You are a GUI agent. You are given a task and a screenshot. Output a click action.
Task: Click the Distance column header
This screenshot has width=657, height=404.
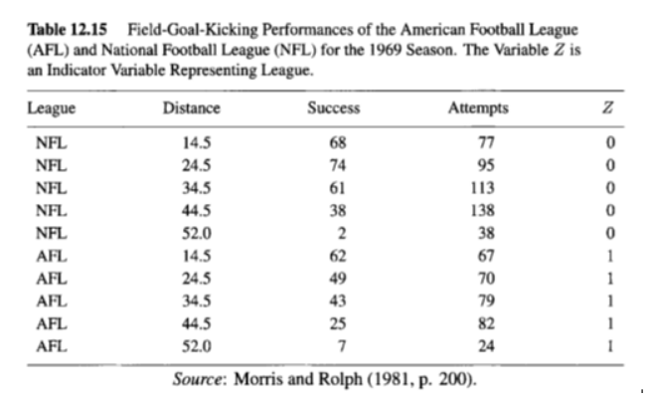pyautogui.click(x=191, y=107)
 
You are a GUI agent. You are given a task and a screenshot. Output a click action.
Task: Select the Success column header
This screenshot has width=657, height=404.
pyautogui.click(x=333, y=107)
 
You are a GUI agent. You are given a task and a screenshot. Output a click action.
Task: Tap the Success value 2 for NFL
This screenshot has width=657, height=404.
pyautogui.click(x=342, y=235)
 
